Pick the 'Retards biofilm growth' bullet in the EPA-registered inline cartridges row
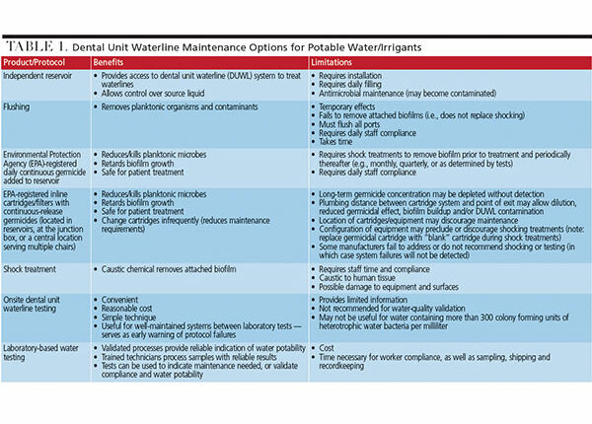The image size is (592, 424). point(145,199)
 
